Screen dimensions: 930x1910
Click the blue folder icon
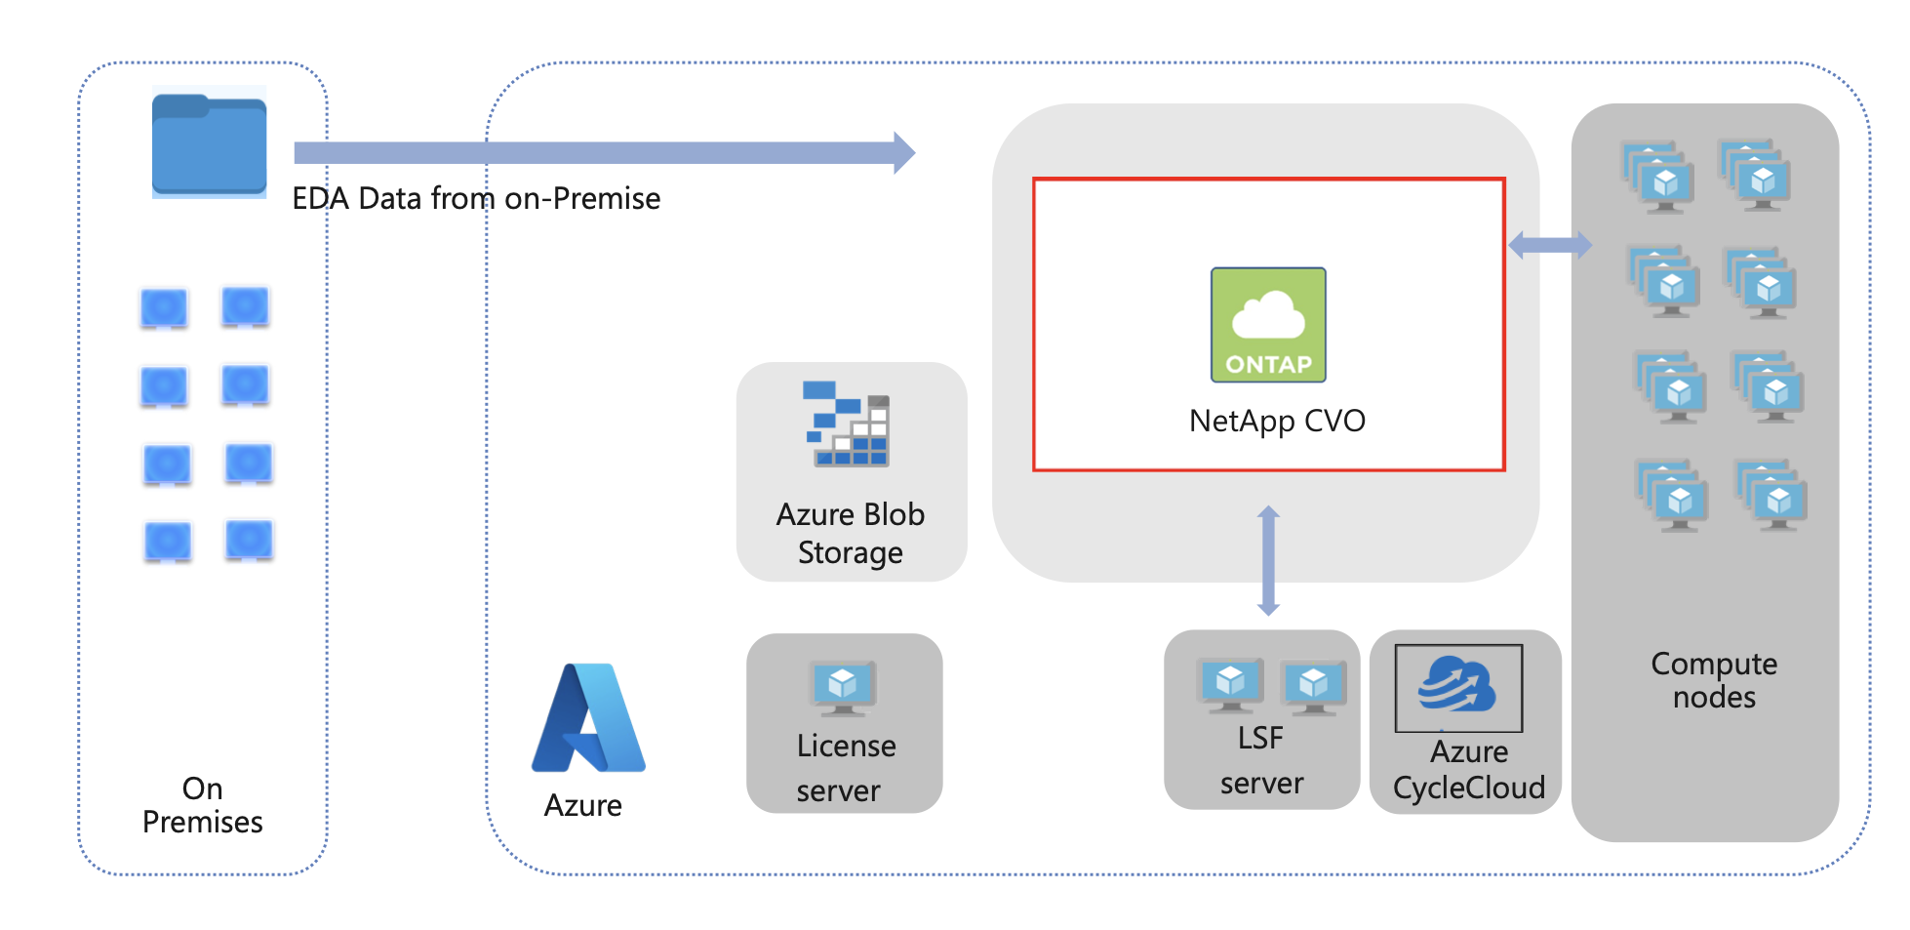click(209, 143)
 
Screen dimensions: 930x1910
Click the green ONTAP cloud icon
click(1268, 325)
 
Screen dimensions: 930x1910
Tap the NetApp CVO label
click(1277, 421)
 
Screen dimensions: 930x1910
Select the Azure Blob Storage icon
click(847, 424)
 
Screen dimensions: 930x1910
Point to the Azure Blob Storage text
click(850, 533)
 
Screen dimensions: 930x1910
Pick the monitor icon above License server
click(843, 687)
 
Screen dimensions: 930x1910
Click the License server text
click(845, 768)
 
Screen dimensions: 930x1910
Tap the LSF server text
click(1260, 760)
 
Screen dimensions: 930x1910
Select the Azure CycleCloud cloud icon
click(1457, 686)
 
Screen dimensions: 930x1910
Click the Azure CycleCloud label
click(1468, 770)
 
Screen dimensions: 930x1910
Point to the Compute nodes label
click(1714, 680)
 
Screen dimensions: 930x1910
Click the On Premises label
click(202, 805)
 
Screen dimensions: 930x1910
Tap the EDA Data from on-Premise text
click(476, 199)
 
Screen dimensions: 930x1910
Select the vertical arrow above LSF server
click(1268, 560)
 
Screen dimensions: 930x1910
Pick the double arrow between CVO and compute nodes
click(1549, 245)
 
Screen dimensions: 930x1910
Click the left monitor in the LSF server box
click(1230, 684)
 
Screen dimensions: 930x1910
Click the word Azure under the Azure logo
click(582, 805)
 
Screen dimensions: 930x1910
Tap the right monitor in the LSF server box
click(1313, 686)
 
